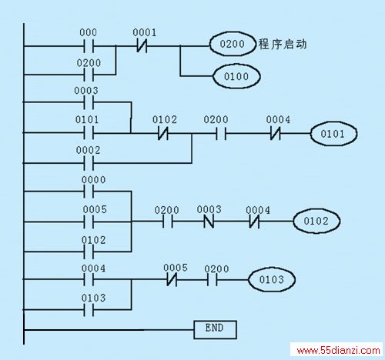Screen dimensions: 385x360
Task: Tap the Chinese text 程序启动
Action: pos(283,44)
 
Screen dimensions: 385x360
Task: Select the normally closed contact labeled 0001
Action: pos(142,46)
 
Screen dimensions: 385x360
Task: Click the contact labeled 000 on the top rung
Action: pos(89,46)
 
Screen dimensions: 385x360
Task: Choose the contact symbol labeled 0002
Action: pos(89,163)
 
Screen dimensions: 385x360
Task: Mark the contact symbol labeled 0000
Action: pos(89,192)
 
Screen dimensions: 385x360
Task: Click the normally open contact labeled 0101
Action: pos(89,133)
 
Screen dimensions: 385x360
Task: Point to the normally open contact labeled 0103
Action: pos(89,310)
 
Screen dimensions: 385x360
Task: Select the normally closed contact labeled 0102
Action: pos(163,134)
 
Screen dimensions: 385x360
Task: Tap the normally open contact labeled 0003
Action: pos(89,102)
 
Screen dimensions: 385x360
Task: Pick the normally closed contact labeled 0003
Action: pos(209,221)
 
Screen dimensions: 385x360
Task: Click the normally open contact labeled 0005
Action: pos(89,222)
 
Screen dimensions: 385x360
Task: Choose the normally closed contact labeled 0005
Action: pos(172,279)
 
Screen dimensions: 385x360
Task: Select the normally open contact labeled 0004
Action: pos(89,279)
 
